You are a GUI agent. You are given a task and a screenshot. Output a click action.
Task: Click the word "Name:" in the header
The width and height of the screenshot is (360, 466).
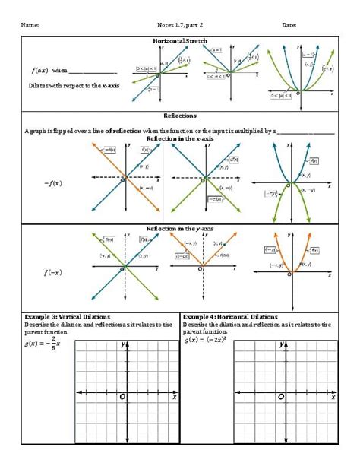point(30,25)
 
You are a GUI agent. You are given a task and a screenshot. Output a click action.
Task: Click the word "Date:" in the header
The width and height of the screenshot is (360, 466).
point(289,25)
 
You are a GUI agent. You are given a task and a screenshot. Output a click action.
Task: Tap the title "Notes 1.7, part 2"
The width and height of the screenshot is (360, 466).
point(180,25)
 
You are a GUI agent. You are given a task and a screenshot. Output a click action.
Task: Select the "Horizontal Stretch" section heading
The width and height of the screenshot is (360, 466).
point(180,40)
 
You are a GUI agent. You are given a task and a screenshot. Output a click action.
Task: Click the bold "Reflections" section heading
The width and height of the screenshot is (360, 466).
point(180,116)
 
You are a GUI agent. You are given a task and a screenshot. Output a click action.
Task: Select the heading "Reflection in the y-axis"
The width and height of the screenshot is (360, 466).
point(180,228)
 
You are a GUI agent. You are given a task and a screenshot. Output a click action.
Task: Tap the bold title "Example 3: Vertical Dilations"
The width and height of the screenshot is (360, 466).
point(67,316)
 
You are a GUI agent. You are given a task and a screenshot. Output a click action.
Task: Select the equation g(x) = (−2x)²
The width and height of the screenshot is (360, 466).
point(207,340)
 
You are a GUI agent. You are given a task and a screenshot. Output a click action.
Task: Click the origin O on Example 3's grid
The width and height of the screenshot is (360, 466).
point(122,397)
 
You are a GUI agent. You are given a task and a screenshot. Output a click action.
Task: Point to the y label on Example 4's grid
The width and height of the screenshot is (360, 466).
point(283,344)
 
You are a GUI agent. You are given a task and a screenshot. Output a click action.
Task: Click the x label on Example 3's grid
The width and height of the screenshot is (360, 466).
point(174,397)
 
